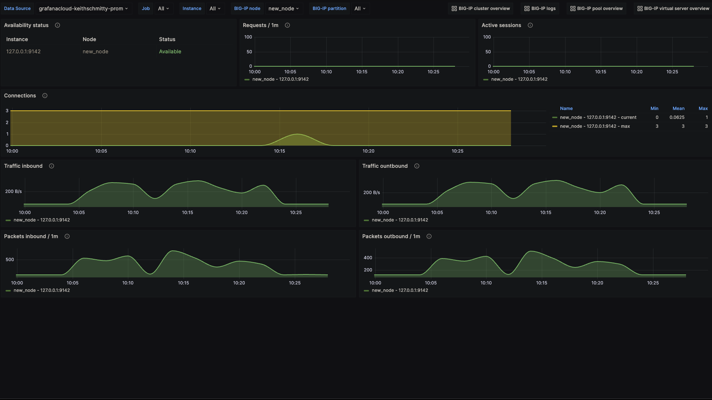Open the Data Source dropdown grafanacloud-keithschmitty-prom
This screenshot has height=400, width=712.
coord(83,9)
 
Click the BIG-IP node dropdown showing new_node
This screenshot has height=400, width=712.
coord(284,9)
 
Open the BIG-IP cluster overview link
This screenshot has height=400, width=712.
coord(481,9)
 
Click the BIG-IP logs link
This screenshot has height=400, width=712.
coord(540,9)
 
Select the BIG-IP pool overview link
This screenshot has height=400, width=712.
coord(596,9)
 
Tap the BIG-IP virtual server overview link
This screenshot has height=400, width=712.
coord(673,9)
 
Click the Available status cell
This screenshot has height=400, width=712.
coord(170,51)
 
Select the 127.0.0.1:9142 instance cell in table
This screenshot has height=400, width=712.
coord(23,51)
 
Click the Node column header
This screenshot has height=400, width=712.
coord(89,39)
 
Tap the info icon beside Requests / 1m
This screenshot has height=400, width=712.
coord(287,25)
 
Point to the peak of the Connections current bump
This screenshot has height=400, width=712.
coord(297,134)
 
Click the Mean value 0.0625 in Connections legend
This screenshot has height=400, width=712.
coord(677,117)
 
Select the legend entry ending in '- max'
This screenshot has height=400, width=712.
coord(595,126)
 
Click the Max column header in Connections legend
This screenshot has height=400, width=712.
coord(703,109)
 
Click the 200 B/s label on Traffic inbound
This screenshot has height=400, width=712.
coord(13,191)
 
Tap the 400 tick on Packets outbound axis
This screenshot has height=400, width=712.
coord(368,258)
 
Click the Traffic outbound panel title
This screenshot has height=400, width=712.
coord(385,166)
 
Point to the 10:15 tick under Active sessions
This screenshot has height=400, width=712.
coord(600,72)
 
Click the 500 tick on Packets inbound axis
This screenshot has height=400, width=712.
coord(10,260)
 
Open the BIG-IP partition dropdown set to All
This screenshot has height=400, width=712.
coord(360,9)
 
